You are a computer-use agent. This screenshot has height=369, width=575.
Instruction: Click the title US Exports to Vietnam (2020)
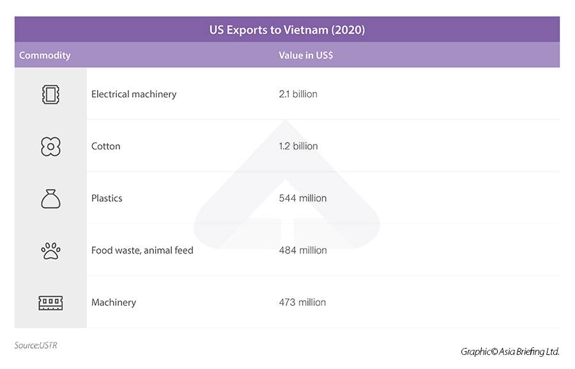coord(287,30)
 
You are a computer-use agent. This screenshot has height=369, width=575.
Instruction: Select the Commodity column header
coord(45,56)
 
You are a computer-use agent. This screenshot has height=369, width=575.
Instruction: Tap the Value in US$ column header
coord(305,56)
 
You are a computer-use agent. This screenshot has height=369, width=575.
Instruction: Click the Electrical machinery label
coord(134,94)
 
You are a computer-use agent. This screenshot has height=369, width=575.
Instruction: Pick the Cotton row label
coord(105,146)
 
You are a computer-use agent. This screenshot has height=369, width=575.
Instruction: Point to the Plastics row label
coord(107,199)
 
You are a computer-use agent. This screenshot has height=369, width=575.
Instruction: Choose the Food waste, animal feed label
coord(142,250)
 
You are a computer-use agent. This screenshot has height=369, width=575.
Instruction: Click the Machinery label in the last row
coord(113,303)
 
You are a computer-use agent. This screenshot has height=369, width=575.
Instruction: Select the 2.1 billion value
coord(298,94)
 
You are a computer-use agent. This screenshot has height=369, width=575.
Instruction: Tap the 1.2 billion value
coord(298,146)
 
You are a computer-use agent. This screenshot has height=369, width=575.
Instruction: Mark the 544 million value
coord(303,199)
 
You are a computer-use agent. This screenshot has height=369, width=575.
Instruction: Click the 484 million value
coord(303,250)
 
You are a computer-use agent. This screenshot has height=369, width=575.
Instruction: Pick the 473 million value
coord(302,303)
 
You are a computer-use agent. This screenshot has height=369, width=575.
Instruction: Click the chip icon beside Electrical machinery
coord(50,94)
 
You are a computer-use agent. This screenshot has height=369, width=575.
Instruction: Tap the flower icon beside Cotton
coord(50,147)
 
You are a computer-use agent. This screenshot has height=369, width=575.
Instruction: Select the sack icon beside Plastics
coord(50,199)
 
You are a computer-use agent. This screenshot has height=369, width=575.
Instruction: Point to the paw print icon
coord(50,250)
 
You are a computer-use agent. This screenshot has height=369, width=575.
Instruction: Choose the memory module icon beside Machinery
coord(50,303)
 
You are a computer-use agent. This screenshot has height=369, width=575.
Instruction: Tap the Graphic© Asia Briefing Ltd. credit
coord(510,352)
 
